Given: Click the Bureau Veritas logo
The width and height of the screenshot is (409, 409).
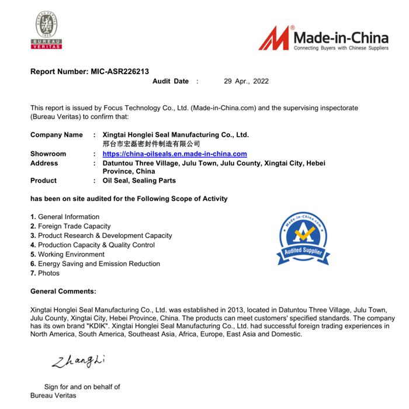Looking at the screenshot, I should point(46,32).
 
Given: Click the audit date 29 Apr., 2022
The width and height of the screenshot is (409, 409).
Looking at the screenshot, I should point(246,81).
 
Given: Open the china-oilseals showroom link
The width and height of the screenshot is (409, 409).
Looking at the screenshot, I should point(174,154).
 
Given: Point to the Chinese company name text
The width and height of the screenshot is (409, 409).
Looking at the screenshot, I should point(151,144).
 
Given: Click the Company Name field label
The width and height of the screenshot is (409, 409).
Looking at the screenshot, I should point(57,135).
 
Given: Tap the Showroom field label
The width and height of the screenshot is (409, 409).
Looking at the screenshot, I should point(48,154).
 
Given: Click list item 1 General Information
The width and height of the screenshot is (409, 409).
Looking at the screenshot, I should point(65,217).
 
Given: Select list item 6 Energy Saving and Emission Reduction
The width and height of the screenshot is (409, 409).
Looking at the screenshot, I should point(95,264).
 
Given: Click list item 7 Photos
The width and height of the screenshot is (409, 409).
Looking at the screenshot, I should point(45,273).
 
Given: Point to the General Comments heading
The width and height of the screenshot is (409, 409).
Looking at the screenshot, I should point(63,291).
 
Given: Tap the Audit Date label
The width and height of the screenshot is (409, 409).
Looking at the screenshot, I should point(170,81).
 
